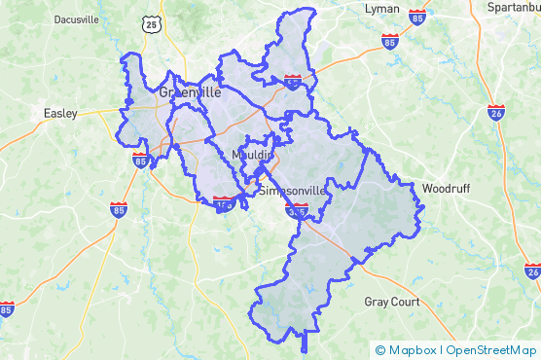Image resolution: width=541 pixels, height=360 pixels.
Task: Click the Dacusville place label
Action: pos(76,18)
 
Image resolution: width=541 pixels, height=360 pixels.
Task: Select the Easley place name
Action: pos(60,113)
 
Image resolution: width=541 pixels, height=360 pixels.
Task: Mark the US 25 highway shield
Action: pos(149,24)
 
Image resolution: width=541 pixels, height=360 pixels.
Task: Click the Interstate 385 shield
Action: pos(298,210)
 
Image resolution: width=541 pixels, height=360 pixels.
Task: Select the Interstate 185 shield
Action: pos(224,204)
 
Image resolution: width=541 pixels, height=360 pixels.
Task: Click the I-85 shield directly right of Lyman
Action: pos(416,18)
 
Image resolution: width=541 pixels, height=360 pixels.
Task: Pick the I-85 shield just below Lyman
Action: pos(389,42)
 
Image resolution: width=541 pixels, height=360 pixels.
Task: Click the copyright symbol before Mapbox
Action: pos(380,349)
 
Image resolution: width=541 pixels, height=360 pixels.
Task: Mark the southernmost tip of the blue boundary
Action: pos(305,351)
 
